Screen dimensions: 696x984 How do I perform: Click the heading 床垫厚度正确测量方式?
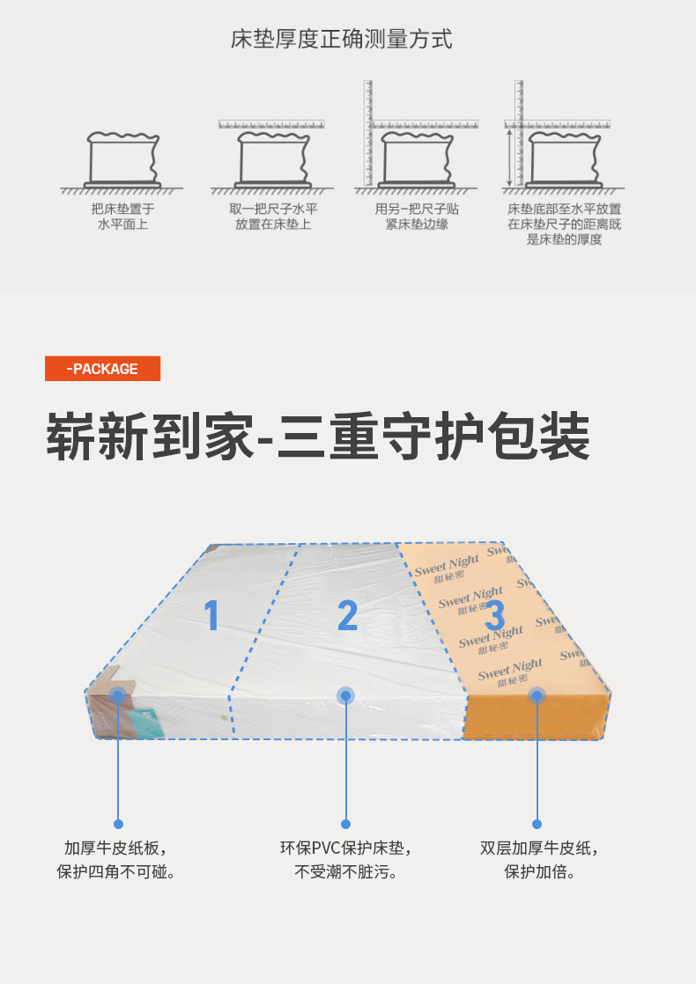pos(342,40)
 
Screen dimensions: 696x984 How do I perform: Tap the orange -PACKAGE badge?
pos(102,369)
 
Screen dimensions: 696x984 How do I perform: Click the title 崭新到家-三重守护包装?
pos(317,435)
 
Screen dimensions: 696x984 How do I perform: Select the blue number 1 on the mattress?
pos(211,614)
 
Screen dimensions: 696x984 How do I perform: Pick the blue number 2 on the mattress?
pos(348,615)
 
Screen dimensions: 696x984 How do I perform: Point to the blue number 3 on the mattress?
pos(494,613)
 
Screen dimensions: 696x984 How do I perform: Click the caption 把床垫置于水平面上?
pos(122,217)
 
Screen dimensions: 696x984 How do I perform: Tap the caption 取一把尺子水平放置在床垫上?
pos(273,217)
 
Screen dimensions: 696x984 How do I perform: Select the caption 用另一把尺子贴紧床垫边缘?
pos(417,217)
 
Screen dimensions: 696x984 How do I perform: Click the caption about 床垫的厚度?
pos(564,224)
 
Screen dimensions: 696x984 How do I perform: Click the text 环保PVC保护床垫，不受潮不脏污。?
pos(346,860)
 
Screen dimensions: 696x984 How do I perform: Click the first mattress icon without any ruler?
pos(122,160)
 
